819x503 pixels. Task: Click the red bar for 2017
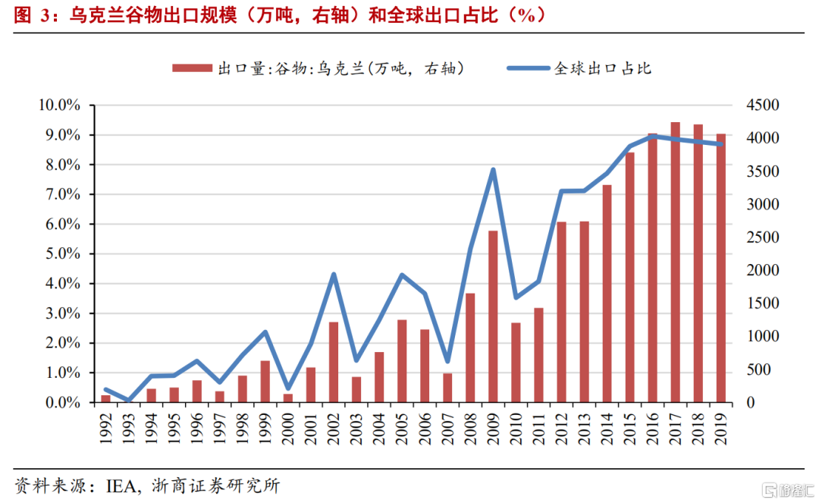675,262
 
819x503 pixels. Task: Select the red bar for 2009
493,316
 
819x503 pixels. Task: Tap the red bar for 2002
334,362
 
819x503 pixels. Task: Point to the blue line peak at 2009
493,170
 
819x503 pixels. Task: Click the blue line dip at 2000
288,388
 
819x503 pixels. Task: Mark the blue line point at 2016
652,137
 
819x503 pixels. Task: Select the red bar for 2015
629,277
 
